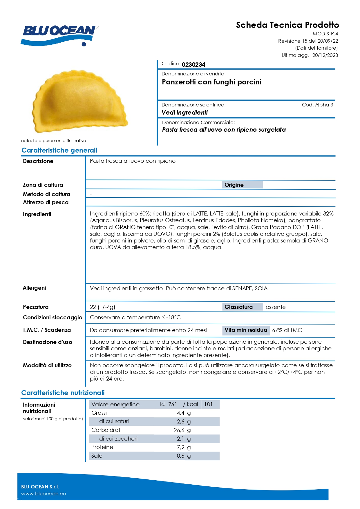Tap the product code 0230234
193,64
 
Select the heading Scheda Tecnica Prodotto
287,25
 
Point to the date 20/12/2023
325,55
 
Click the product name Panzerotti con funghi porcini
211,82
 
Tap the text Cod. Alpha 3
317,105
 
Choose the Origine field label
234,185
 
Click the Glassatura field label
238,307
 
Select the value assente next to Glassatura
276,307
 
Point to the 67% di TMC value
287,330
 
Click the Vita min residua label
246,330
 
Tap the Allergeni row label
34,288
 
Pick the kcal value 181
208,404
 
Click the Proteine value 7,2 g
184,447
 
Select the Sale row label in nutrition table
97,456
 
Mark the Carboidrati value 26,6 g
182,430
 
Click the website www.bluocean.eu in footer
44,494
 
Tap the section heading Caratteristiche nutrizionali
63,393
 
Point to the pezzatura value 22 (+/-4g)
102,307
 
